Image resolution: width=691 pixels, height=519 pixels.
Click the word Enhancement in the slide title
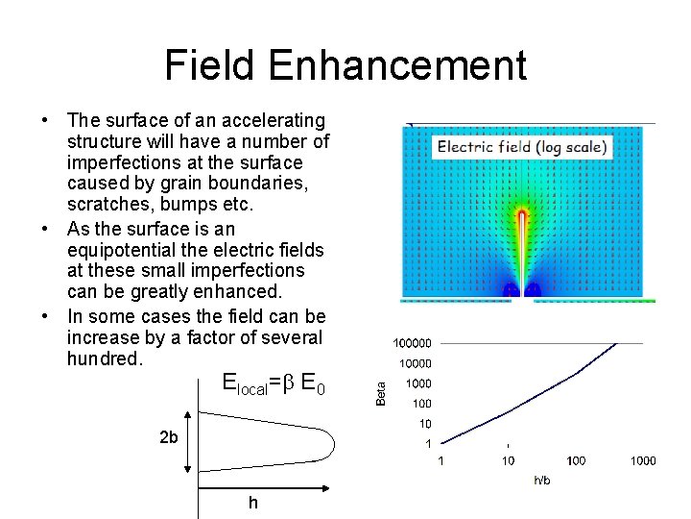(397, 65)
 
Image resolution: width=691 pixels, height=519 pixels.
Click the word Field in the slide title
(210, 65)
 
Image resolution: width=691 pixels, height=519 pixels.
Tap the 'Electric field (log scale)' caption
(521, 147)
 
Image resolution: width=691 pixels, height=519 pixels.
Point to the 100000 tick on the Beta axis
(412, 343)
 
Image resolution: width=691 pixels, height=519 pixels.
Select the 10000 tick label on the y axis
(415, 363)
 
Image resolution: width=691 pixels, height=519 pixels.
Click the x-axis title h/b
(542, 480)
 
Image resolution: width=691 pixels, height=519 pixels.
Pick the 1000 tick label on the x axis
(643, 461)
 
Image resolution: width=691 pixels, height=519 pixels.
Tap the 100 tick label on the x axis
(575, 461)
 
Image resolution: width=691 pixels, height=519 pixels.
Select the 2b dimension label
(168, 438)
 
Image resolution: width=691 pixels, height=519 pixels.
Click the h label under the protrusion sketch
(253, 502)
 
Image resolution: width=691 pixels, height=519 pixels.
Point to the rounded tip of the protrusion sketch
(330, 443)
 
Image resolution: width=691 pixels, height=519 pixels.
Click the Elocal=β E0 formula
(274, 384)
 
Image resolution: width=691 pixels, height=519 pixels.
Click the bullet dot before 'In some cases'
(45, 316)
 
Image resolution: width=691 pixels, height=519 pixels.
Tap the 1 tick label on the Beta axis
(428, 443)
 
